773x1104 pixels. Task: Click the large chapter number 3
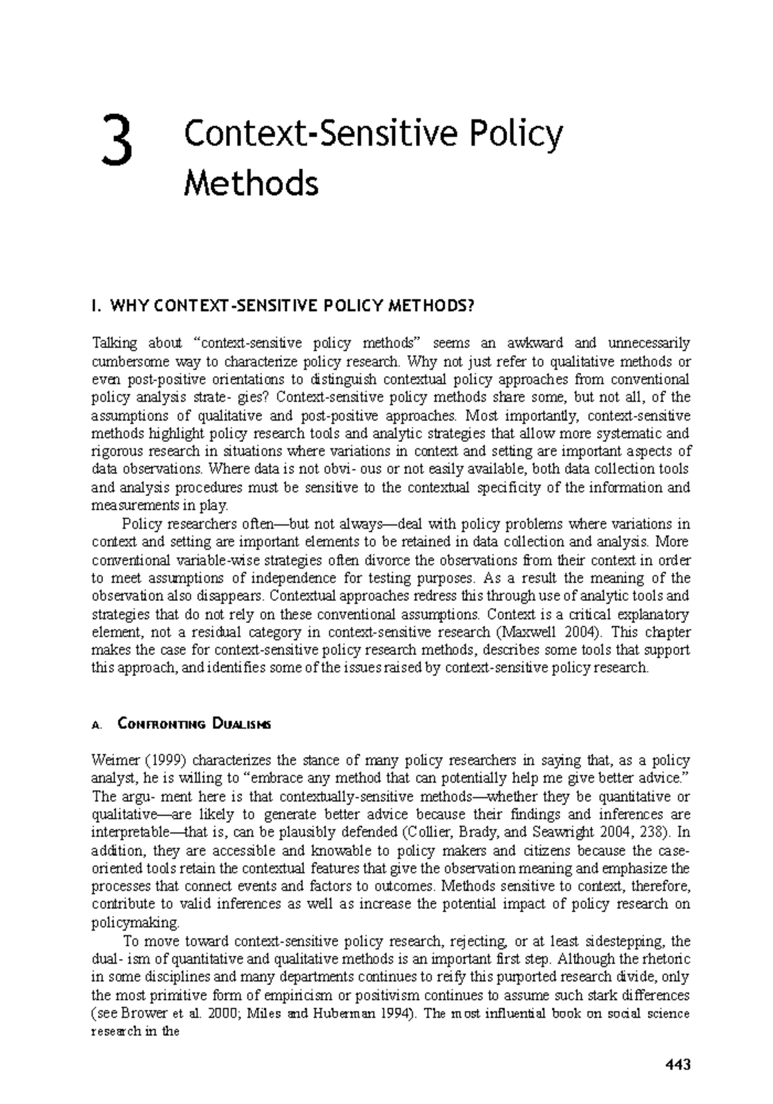pos(120,142)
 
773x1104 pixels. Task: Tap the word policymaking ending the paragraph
pos(135,922)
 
